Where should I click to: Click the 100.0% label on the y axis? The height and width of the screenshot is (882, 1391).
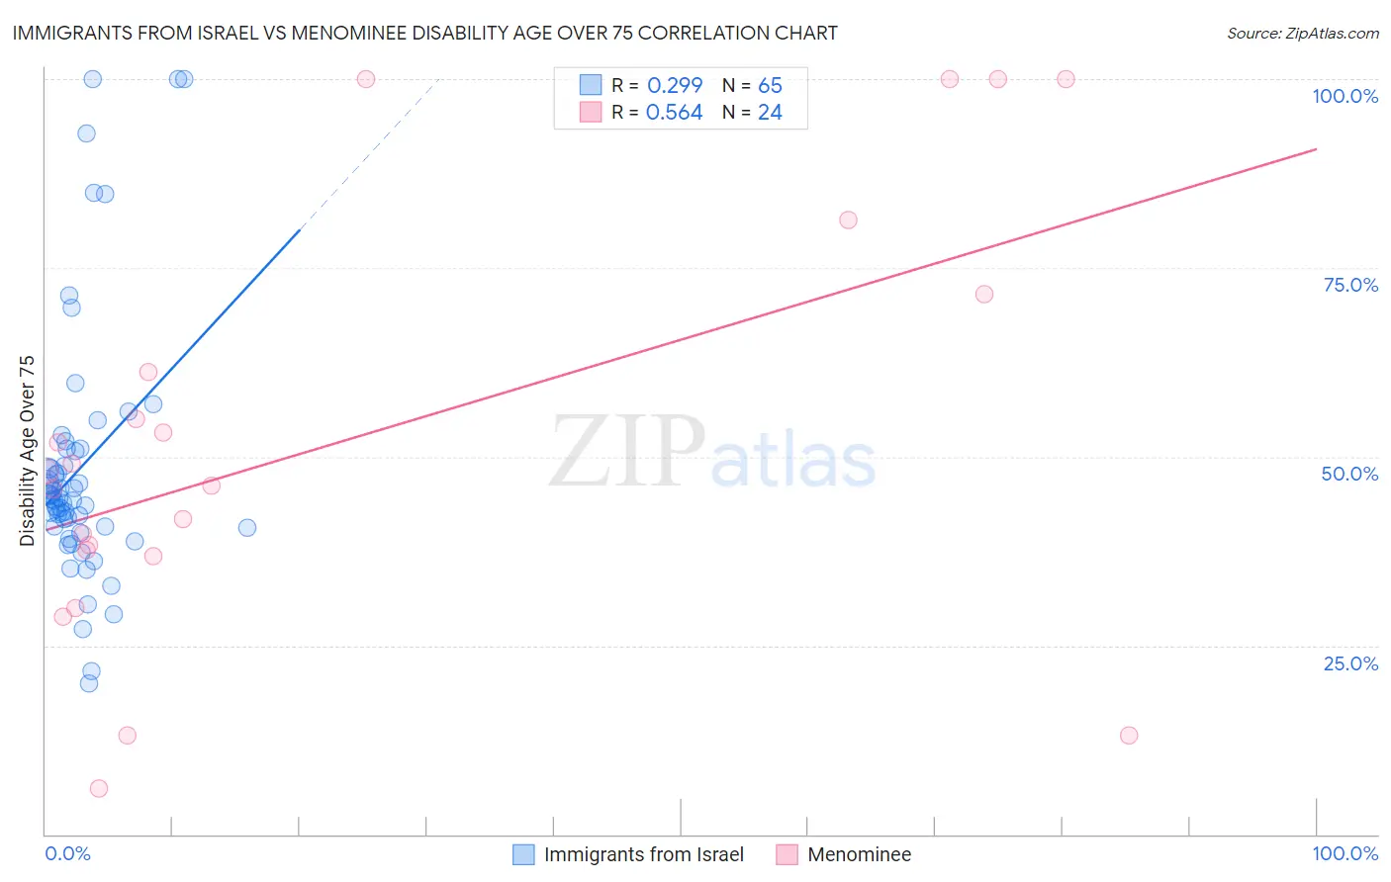(x=1345, y=96)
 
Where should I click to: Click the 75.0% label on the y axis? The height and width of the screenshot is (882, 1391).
(x=1350, y=285)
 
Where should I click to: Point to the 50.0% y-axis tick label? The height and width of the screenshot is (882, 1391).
(x=1349, y=474)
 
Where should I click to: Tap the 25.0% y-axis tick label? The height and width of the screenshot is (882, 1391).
(x=1350, y=663)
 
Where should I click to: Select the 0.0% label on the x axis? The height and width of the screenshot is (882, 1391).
(x=67, y=853)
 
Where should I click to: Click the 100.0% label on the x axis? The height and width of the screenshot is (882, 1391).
(x=1345, y=853)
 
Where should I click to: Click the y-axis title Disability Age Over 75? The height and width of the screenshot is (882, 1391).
(x=27, y=450)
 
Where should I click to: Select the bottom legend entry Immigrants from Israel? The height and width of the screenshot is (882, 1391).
(x=643, y=854)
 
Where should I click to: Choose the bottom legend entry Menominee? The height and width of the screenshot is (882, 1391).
(x=859, y=854)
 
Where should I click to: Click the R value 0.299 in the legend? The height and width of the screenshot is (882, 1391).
(x=675, y=85)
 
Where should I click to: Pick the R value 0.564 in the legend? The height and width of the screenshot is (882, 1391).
(x=674, y=113)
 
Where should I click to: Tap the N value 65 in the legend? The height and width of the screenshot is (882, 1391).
(x=770, y=85)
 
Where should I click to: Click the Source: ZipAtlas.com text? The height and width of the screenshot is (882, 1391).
(x=1302, y=34)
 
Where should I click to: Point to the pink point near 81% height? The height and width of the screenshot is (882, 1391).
(x=848, y=220)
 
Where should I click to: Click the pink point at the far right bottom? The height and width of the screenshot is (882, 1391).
(x=1129, y=736)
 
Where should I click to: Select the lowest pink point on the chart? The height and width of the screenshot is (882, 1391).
(x=99, y=788)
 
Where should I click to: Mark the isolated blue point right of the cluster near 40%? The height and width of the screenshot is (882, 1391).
(x=247, y=528)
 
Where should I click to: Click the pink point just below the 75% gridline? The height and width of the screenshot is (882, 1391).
(x=984, y=295)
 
